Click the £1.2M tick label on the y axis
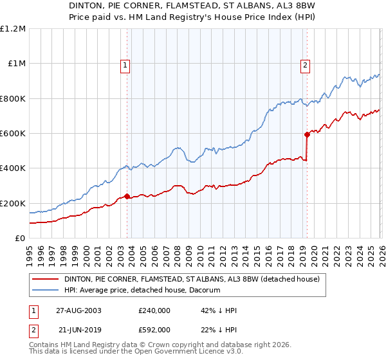click(13, 28)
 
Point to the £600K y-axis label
click(13, 134)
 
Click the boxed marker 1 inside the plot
click(124, 64)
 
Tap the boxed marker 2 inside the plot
click(304, 64)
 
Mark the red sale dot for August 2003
click(127, 196)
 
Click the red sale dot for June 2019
click(307, 134)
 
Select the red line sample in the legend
click(46, 279)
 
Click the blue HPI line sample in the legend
click(46, 290)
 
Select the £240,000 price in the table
click(154, 310)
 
